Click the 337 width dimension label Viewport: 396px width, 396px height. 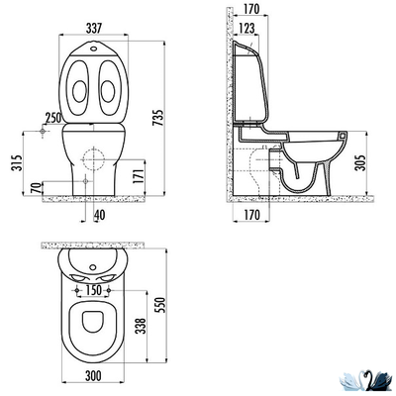click(93, 28)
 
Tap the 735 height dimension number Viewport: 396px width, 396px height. click(158, 117)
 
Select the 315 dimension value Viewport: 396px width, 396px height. click(17, 162)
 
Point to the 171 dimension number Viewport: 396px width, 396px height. click(140, 176)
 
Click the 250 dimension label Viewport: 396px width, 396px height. click(53, 118)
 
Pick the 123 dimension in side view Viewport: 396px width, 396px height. click(247, 28)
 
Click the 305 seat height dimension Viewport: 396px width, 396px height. click(361, 162)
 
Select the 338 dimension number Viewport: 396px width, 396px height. click(141, 326)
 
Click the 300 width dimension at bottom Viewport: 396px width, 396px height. click(93, 375)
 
